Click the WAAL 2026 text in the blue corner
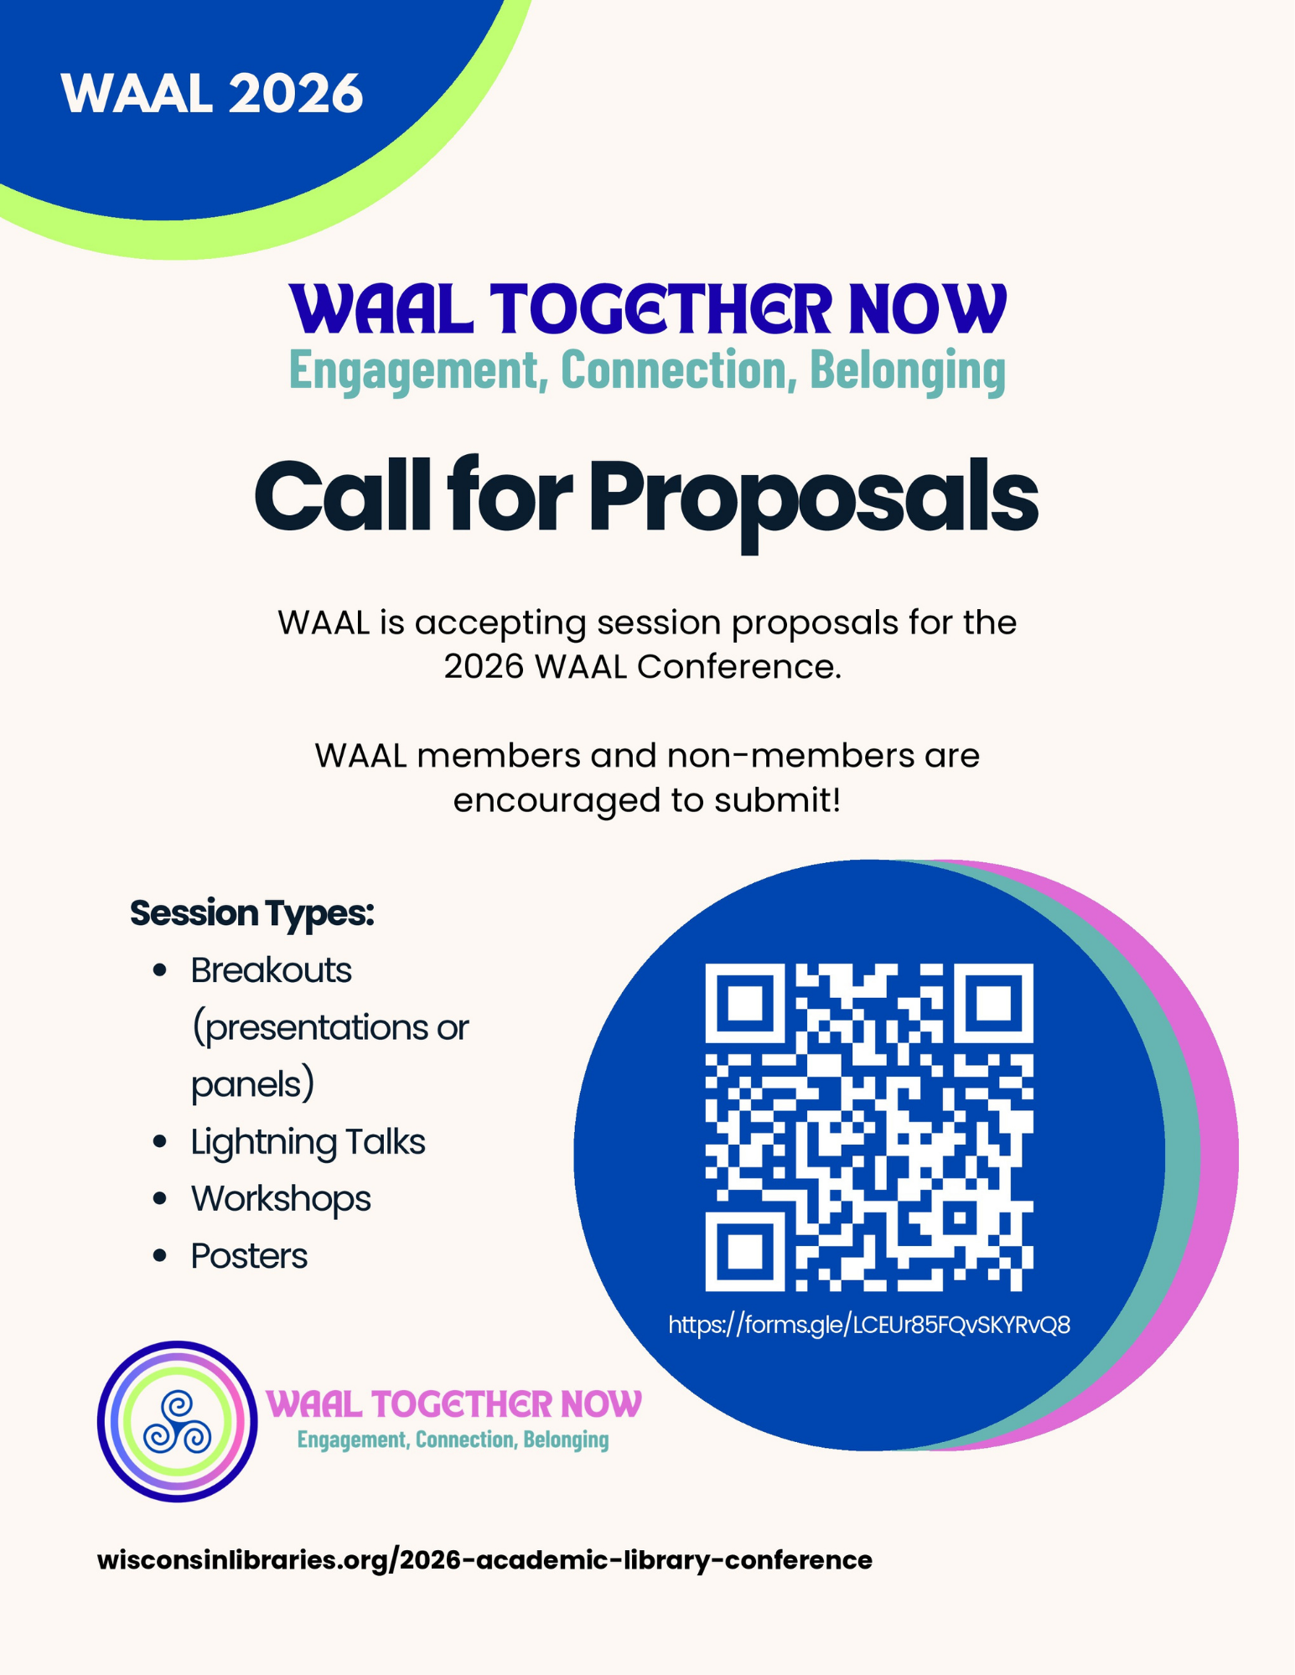coord(211,93)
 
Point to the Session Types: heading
coord(251,912)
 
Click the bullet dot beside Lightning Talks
coord(160,1142)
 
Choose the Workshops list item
coord(281,1198)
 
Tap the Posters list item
coord(249,1255)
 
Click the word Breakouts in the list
coord(271,970)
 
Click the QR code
coord(869,1126)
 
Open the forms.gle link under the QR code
coord(869,1325)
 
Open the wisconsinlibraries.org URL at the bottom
coord(484,1560)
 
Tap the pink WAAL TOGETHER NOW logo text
coord(453,1404)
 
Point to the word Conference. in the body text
coord(738,667)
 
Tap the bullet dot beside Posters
coord(160,1256)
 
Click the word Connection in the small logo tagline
coord(465,1440)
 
